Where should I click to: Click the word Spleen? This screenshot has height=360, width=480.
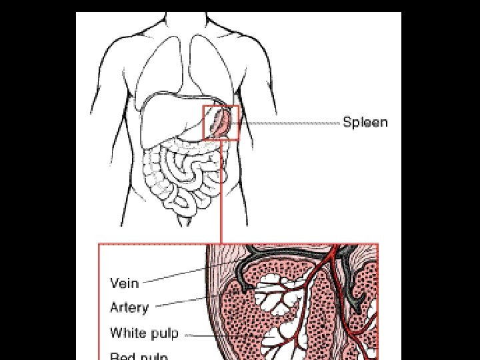pos(365,123)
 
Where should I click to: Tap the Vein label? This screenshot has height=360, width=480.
pos(124,283)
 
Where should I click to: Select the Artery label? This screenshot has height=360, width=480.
pos(129,307)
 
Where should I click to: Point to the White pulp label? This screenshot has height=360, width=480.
pos(144,333)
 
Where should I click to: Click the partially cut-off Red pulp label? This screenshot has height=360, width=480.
pos(139,355)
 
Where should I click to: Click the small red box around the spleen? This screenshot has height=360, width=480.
pos(221,107)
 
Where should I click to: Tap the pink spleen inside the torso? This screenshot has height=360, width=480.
pos(223,123)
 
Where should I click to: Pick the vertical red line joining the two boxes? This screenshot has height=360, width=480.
pos(221,193)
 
